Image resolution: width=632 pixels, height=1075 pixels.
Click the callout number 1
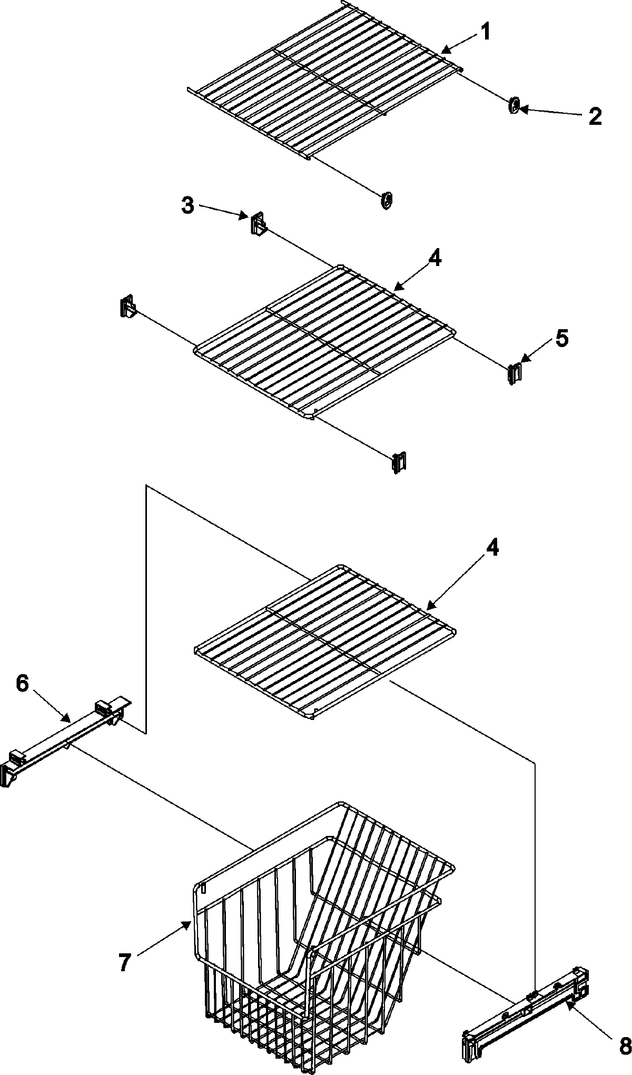pos(485,33)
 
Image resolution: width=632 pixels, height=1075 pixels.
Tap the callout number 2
pos(595,116)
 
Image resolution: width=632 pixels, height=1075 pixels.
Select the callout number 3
pos(187,206)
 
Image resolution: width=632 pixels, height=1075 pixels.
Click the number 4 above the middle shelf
pos(435,259)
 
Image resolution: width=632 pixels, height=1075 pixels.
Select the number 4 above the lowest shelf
pos(491,548)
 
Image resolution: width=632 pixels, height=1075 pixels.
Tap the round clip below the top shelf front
pos(387,200)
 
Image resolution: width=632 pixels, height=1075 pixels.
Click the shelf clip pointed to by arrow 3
pos(257,224)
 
